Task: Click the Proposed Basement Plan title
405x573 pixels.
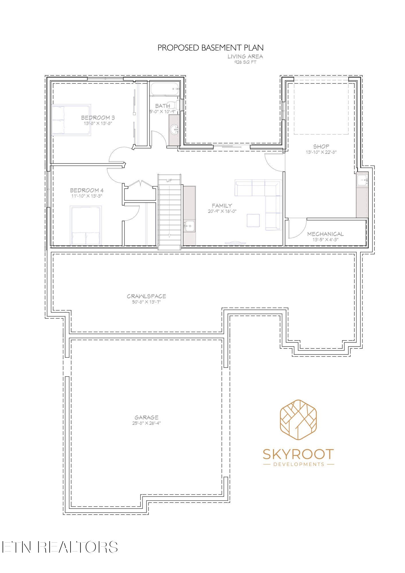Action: tap(210, 48)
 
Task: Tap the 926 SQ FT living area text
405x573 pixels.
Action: tap(245, 62)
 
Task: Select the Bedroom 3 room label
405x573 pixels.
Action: tap(98, 118)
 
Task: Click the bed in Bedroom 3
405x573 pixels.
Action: tap(71, 120)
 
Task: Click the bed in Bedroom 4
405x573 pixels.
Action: tap(86, 225)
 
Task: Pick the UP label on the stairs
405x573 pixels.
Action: tap(169, 180)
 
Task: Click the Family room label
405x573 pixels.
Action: tap(222, 206)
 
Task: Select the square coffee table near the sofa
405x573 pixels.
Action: tap(253, 220)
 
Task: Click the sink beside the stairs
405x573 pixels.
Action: tap(189, 226)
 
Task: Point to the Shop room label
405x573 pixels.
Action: tap(321, 146)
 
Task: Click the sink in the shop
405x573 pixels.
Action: tap(362, 180)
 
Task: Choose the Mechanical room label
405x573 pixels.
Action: tap(325, 234)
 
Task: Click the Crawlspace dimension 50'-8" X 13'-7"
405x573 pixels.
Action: tap(146, 302)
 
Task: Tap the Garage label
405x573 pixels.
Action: tap(146, 417)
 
